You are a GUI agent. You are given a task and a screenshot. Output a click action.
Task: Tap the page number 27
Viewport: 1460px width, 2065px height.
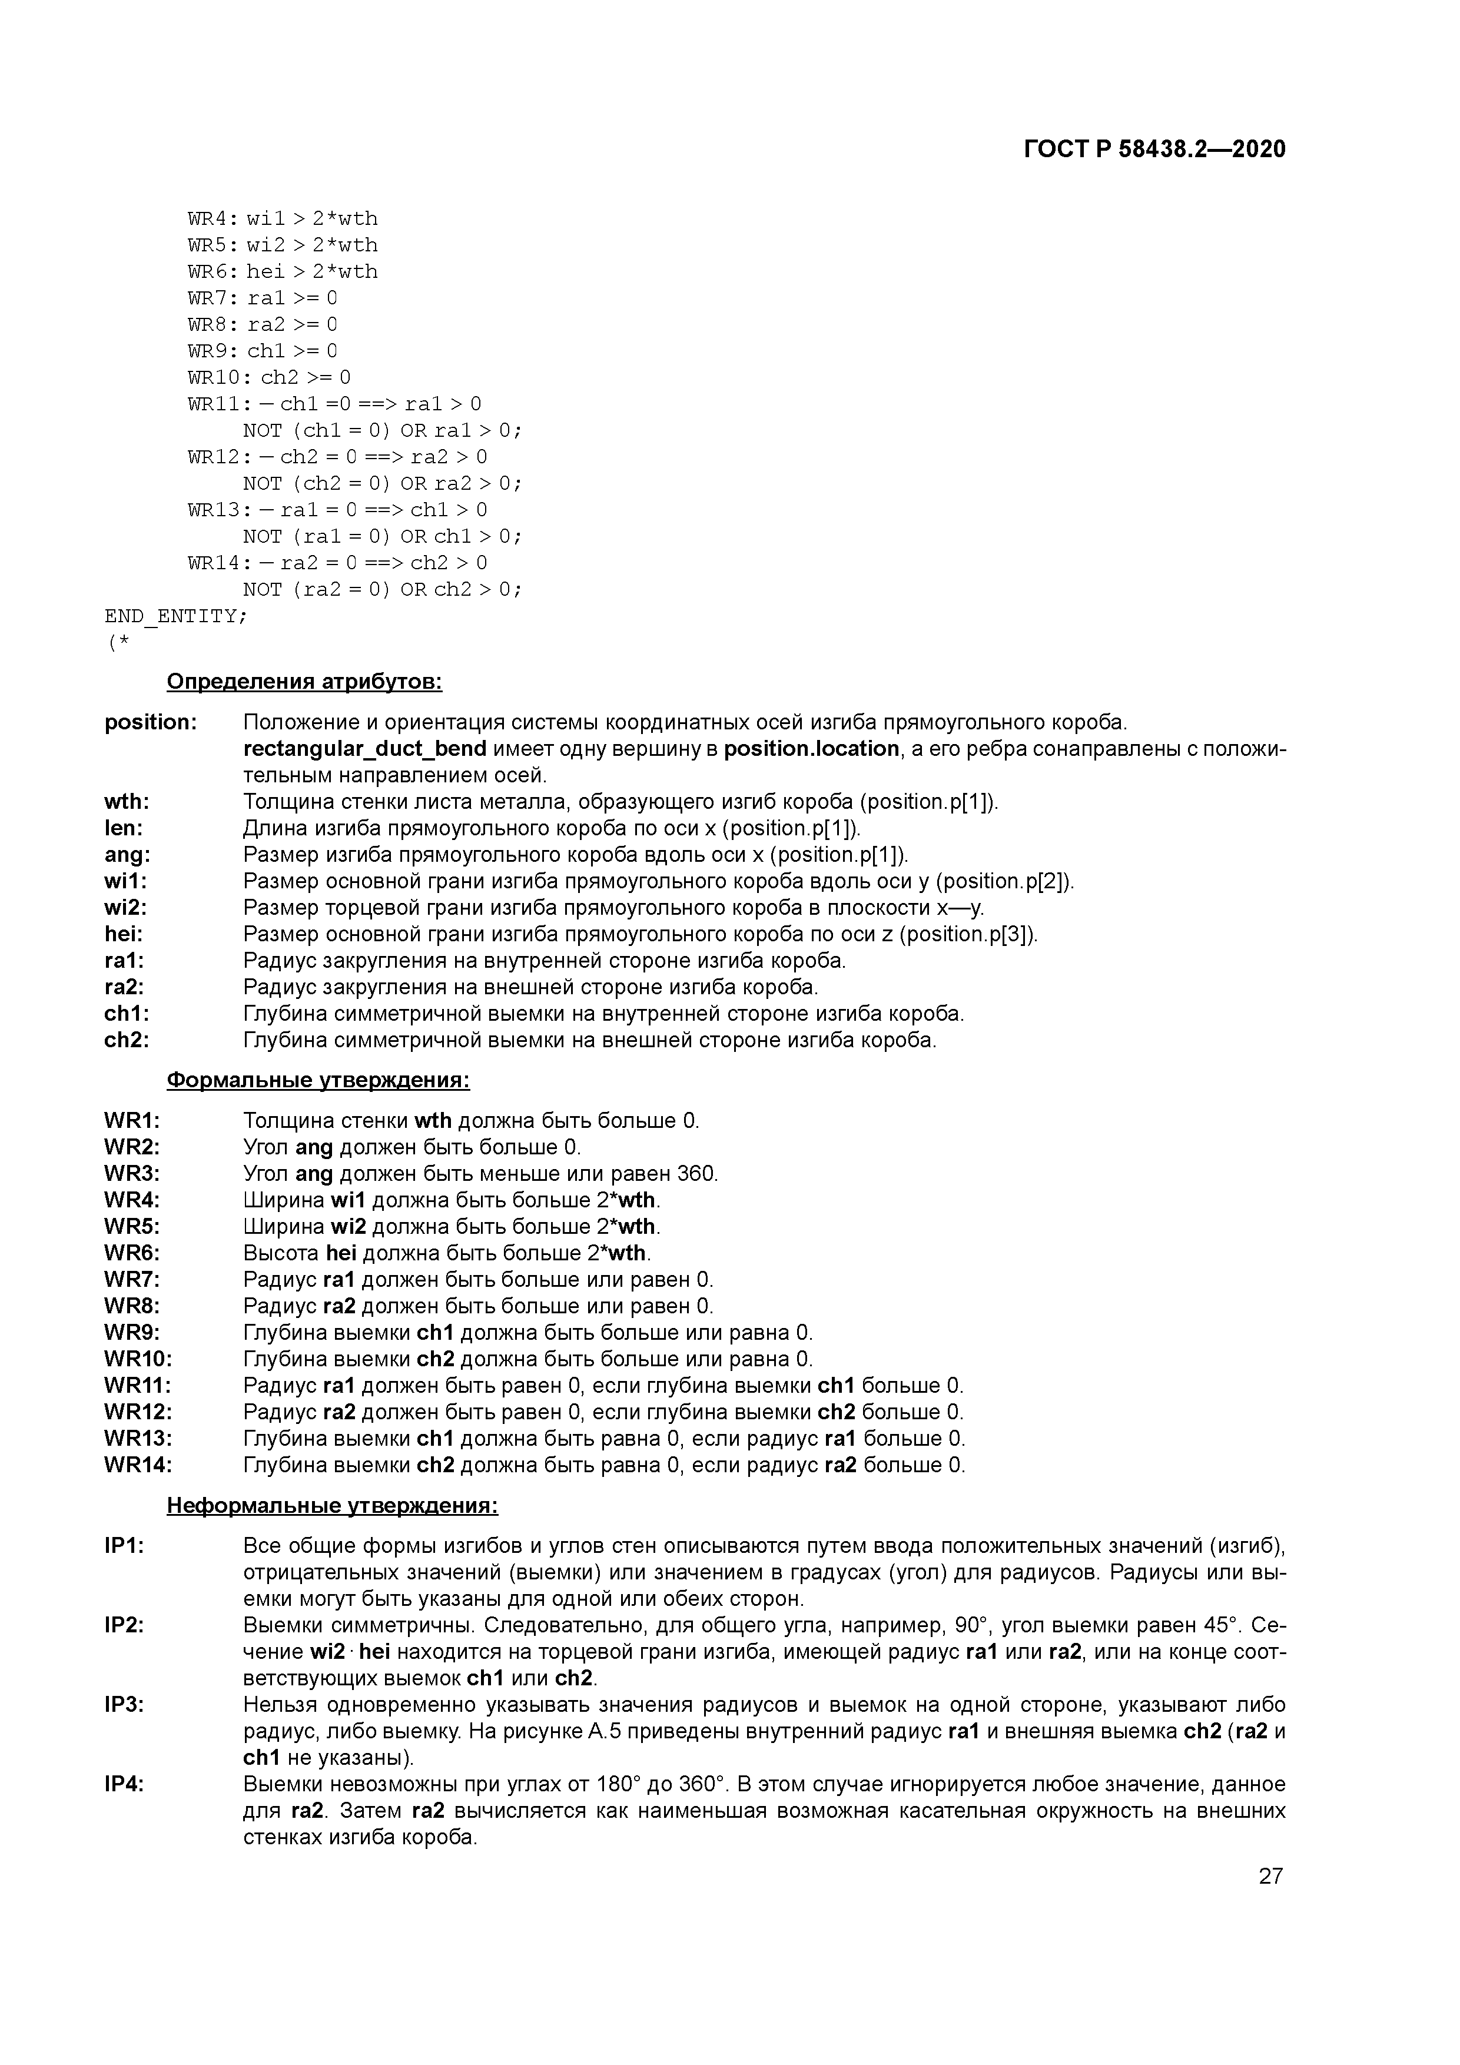pos(1270,1875)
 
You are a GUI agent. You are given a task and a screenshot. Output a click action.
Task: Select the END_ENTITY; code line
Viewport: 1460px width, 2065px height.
pos(175,616)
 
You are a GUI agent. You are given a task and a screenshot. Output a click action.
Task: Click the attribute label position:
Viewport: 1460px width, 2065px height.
pos(150,722)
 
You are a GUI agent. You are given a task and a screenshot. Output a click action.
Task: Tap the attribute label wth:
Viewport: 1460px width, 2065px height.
pos(127,801)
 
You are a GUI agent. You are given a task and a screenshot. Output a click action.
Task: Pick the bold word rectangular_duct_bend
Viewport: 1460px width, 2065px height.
pos(364,748)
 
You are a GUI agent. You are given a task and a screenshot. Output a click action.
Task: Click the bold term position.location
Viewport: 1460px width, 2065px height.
pos(811,748)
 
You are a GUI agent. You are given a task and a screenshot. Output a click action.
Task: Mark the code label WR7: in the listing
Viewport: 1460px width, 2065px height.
pos(213,298)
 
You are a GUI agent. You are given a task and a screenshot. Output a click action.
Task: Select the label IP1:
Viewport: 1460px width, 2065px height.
pos(124,1545)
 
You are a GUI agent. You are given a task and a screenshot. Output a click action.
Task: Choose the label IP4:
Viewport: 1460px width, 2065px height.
pos(124,1784)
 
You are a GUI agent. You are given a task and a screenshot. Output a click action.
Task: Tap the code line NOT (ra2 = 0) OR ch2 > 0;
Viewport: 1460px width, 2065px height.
pos(382,589)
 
